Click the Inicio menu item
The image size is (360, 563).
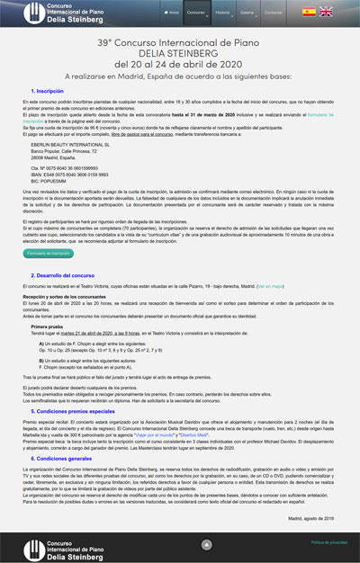click(x=170, y=13)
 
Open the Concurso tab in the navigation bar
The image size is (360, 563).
click(x=196, y=13)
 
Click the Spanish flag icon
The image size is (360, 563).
click(x=309, y=12)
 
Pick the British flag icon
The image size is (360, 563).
click(x=326, y=12)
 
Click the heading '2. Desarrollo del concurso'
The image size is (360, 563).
click(x=69, y=274)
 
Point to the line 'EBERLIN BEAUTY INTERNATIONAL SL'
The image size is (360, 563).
click(x=73, y=168)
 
